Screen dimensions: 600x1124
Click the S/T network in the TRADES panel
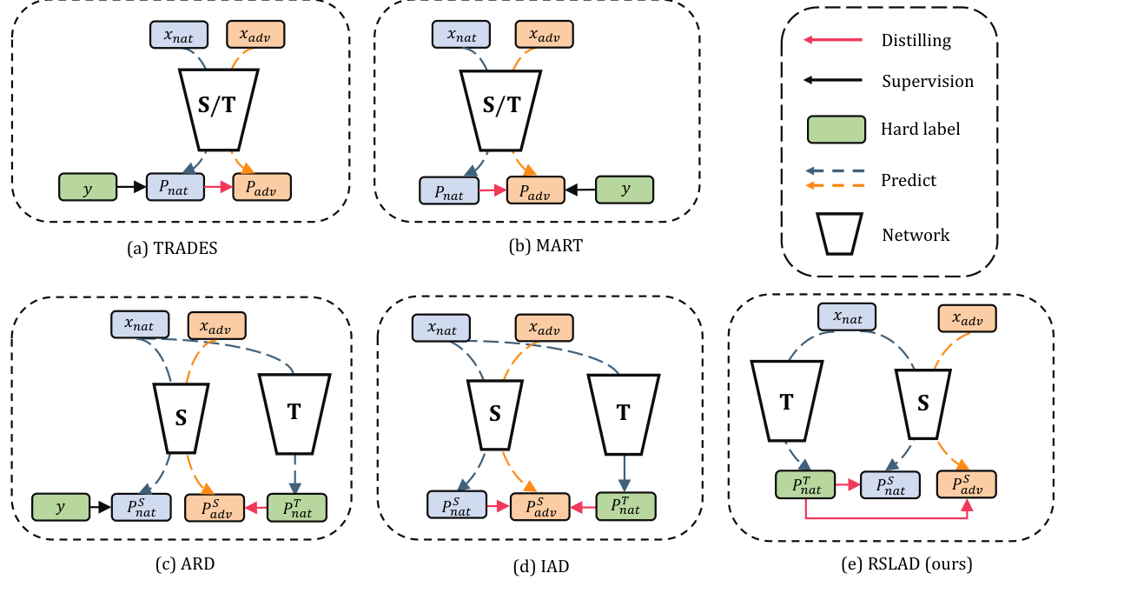217,107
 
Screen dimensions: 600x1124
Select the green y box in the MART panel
624,189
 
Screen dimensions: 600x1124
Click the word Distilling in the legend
916,40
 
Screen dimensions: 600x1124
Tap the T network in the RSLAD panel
787,402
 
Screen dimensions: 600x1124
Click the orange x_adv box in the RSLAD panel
966,318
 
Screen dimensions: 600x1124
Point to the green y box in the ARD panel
61,506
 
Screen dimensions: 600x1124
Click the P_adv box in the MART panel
535,189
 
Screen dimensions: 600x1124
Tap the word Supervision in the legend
928,82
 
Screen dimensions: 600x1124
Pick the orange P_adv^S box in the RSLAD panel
966,483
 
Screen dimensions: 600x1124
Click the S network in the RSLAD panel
924,402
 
